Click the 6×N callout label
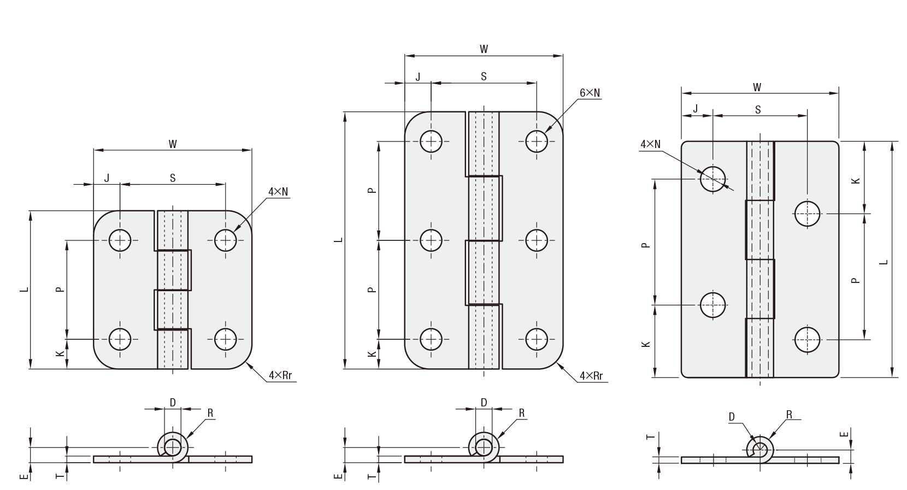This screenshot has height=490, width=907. (590, 93)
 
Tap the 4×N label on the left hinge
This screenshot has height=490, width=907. (278, 191)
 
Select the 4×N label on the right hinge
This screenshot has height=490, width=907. (650, 144)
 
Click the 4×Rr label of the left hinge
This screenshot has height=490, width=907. (282, 376)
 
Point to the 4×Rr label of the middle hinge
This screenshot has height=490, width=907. (591, 376)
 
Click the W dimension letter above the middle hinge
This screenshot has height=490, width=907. (484, 49)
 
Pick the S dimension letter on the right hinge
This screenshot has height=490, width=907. (758, 110)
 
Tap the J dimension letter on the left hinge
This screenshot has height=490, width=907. (107, 178)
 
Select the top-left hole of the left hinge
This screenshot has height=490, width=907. (120, 239)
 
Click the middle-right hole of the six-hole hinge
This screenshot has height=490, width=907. (537, 240)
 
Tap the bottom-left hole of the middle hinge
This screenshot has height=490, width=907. (431, 339)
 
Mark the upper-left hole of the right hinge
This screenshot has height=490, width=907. (713, 178)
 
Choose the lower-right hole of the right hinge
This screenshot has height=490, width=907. (808, 339)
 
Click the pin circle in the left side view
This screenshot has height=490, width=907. (173, 447)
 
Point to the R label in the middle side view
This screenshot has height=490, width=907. (522, 414)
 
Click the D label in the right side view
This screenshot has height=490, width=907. (732, 417)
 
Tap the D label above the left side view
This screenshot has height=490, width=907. (173, 403)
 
